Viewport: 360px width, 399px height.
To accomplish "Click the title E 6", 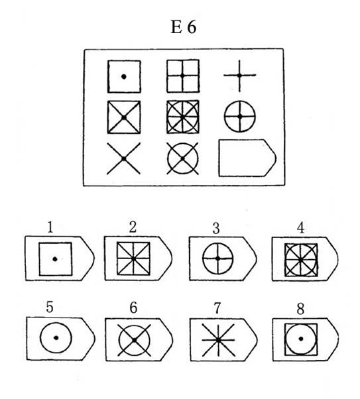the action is (x=183, y=27).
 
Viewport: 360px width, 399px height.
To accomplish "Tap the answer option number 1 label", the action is (x=50, y=227).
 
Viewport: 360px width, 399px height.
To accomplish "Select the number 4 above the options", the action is (x=301, y=228).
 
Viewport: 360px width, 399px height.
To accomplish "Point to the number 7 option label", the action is (x=217, y=308).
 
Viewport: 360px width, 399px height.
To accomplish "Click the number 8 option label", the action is (x=301, y=309).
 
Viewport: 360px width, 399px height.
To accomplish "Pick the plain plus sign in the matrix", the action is (x=239, y=76).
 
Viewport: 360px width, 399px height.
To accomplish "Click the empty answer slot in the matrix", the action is (x=247, y=158).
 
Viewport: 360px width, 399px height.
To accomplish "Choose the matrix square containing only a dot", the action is (x=124, y=76).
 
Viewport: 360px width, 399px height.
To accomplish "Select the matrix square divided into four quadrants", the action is (x=183, y=76).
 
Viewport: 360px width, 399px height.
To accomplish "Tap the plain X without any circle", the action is (x=124, y=158).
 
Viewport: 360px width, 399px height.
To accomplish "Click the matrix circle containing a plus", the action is (x=239, y=117).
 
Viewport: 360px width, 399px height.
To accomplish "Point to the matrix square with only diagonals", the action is (x=124, y=117).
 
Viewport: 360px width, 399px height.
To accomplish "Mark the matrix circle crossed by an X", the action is (x=182, y=158).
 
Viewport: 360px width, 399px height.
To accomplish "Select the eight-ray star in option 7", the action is (x=218, y=340).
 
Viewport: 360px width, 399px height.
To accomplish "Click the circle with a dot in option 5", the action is (x=56, y=338).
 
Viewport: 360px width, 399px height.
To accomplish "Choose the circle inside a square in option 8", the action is (x=301, y=339).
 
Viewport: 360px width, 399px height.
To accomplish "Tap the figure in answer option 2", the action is (x=133, y=258).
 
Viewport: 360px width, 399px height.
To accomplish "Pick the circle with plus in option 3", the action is (x=217, y=258).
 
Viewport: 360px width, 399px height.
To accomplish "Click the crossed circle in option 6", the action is (x=134, y=340).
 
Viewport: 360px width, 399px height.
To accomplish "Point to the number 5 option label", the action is (x=50, y=307).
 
